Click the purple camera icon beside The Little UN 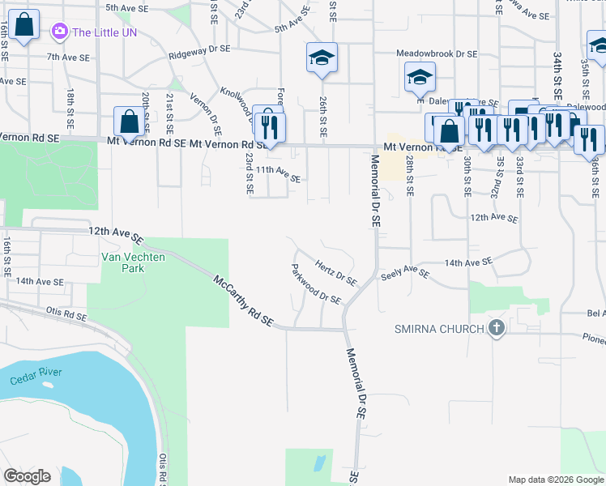click(x=59, y=32)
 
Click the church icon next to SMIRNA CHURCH click(x=497, y=328)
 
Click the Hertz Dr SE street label click(x=336, y=273)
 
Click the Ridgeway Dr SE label click(x=199, y=54)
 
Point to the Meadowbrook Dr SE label click(x=437, y=53)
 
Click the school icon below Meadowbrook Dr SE click(x=419, y=78)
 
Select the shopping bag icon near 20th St click(x=129, y=122)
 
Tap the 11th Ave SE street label click(x=279, y=173)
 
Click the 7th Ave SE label click(x=66, y=57)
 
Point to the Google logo click(x=27, y=476)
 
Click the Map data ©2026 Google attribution click(x=555, y=480)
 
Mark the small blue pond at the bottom click(x=318, y=464)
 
